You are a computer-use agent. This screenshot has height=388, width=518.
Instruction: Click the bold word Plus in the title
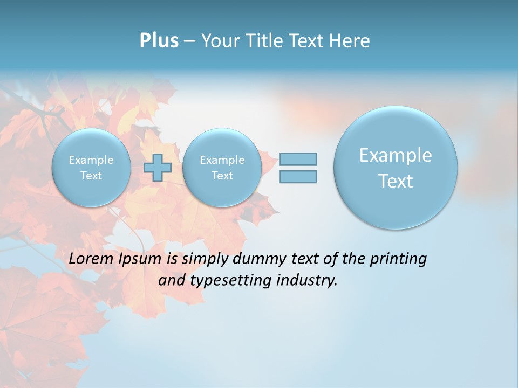[159, 41]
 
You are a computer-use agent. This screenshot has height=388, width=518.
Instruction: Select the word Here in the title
[351, 41]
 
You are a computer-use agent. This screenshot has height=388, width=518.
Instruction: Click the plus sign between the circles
[158, 168]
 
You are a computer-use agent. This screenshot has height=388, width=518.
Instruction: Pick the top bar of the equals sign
[298, 159]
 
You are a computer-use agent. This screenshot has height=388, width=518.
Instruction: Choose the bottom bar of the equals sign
[298, 176]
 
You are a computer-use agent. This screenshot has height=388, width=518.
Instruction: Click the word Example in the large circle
[396, 155]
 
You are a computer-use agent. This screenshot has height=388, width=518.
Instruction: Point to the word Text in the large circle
[396, 181]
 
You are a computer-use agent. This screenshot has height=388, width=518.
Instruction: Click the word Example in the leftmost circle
[91, 160]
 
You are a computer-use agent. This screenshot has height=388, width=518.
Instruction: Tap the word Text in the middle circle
[222, 176]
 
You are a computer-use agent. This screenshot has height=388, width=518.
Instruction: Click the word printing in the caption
[398, 259]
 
